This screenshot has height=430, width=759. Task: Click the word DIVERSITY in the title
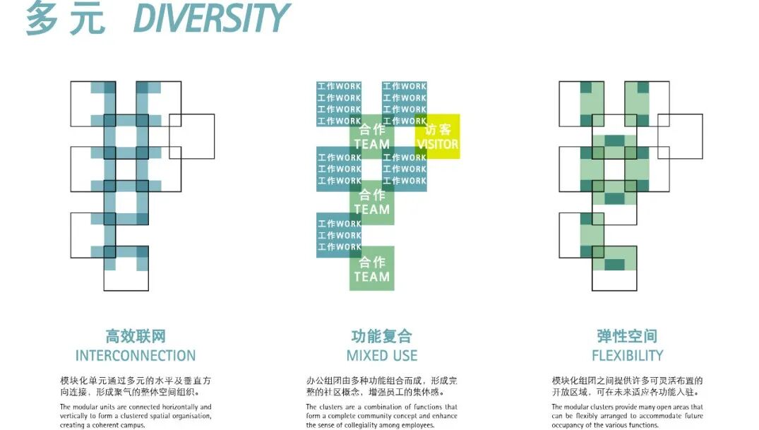[211, 19]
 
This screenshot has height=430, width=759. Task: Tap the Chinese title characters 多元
[65, 19]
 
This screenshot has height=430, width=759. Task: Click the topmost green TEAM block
[372, 137]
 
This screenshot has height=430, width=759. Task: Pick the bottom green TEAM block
[372, 269]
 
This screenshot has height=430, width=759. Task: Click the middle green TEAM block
[372, 203]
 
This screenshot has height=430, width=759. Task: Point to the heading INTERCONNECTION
[136, 355]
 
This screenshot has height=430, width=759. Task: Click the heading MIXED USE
[381, 355]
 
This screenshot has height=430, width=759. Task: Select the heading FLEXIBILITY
[627, 355]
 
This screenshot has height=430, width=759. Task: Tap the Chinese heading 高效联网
[136, 336]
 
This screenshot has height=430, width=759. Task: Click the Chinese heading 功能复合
[381, 336]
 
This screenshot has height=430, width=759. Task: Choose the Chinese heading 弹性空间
[627, 336]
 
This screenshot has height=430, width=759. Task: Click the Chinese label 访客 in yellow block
[438, 129]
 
